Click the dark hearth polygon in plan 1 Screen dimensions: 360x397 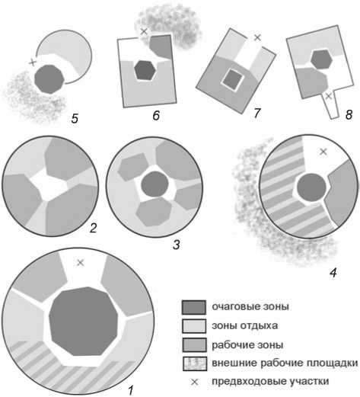click(x=84, y=322)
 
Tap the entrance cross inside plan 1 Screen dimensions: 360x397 click(x=81, y=263)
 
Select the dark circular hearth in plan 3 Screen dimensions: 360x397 click(x=155, y=184)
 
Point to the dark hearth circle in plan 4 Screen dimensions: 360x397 click(x=311, y=187)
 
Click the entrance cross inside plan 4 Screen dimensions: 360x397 click(x=323, y=152)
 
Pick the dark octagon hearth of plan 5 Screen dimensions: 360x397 click(x=49, y=79)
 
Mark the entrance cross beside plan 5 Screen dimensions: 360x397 click(x=32, y=62)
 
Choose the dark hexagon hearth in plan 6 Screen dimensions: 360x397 click(x=145, y=70)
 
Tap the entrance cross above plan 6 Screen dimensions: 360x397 click(x=144, y=31)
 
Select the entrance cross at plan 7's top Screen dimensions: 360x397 click(x=257, y=37)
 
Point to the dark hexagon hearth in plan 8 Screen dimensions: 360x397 click(x=321, y=59)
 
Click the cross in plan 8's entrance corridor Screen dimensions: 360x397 click(x=329, y=96)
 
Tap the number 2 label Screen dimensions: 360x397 click(x=93, y=228)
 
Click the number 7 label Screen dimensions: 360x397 click(x=257, y=113)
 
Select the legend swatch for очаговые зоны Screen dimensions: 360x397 click(x=194, y=307)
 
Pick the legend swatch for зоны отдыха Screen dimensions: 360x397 click(x=194, y=326)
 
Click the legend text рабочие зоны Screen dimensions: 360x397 click(x=247, y=345)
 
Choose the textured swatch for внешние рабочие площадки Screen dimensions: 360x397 click(x=194, y=363)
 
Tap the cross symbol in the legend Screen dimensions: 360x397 click(x=194, y=382)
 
